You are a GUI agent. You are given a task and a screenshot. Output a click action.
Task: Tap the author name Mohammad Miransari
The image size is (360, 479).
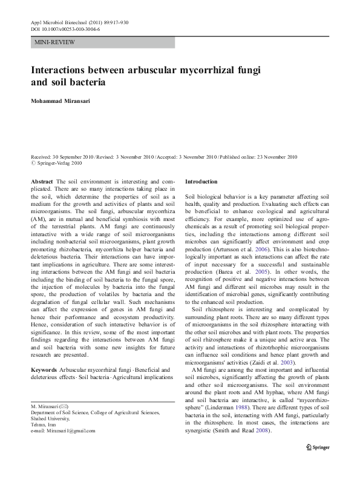(62, 101)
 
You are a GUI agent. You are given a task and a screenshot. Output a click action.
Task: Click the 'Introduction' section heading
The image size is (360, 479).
(201, 182)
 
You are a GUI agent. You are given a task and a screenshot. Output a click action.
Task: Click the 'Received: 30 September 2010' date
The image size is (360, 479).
(62, 157)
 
